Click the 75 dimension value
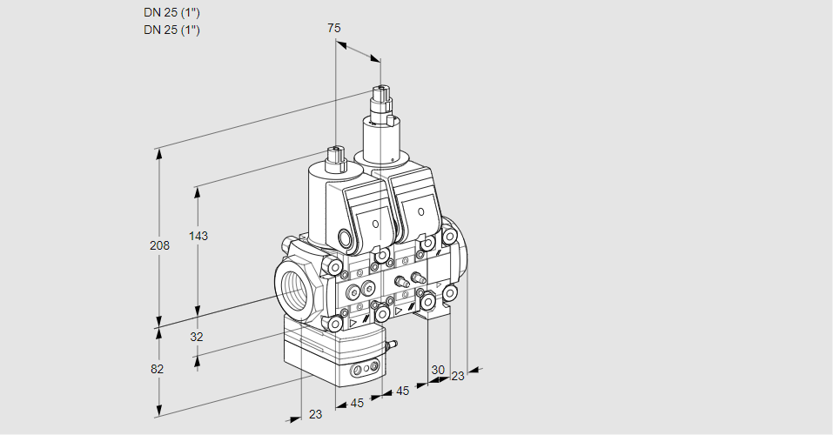tap(334, 28)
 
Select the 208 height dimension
tap(158, 245)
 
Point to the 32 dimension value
tap(196, 337)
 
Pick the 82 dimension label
tap(157, 369)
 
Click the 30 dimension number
tap(438, 369)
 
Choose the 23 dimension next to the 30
tap(458, 376)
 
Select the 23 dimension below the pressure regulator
tap(315, 414)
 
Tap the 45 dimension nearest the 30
tap(402, 391)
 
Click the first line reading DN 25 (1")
tap(171, 13)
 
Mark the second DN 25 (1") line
tap(171, 30)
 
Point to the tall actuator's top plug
tap(380, 94)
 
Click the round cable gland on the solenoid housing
tap(345, 238)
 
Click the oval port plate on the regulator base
tap(363, 372)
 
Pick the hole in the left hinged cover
tap(376, 224)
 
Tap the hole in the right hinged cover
tap(421, 211)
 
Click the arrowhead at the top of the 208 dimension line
tap(158, 151)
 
